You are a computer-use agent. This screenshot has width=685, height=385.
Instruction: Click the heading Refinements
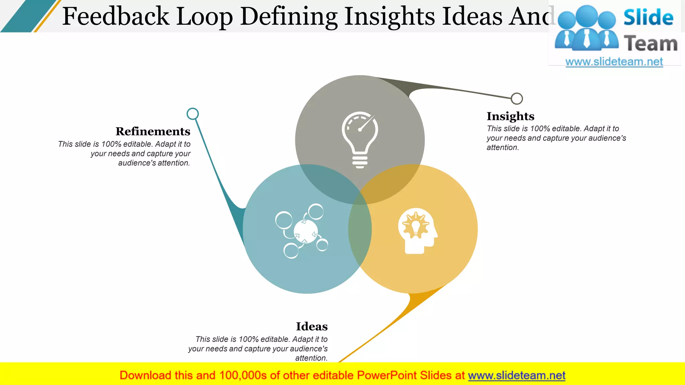pyautogui.click(x=153, y=131)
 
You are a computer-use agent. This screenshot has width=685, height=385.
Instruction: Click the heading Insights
pyautogui.click(x=510, y=116)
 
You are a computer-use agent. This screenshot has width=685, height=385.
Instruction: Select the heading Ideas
pyautogui.click(x=312, y=326)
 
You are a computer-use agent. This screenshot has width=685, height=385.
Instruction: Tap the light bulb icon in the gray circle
pyautogui.click(x=360, y=139)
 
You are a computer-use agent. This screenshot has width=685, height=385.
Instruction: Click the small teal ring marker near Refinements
pyautogui.click(x=193, y=114)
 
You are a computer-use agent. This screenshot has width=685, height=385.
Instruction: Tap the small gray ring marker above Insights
pyautogui.click(x=517, y=98)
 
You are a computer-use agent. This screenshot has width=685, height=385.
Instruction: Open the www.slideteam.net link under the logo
pyautogui.click(x=614, y=61)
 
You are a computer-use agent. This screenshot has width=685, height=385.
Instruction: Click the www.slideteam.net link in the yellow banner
pyautogui.click(x=516, y=375)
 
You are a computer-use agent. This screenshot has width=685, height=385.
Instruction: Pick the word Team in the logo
pyautogui.click(x=651, y=44)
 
